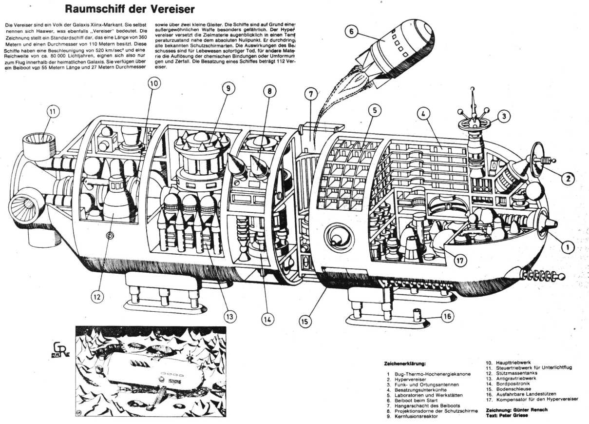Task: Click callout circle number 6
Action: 353,32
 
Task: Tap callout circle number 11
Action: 53,112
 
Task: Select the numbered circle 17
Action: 460,260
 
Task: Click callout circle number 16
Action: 447,316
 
